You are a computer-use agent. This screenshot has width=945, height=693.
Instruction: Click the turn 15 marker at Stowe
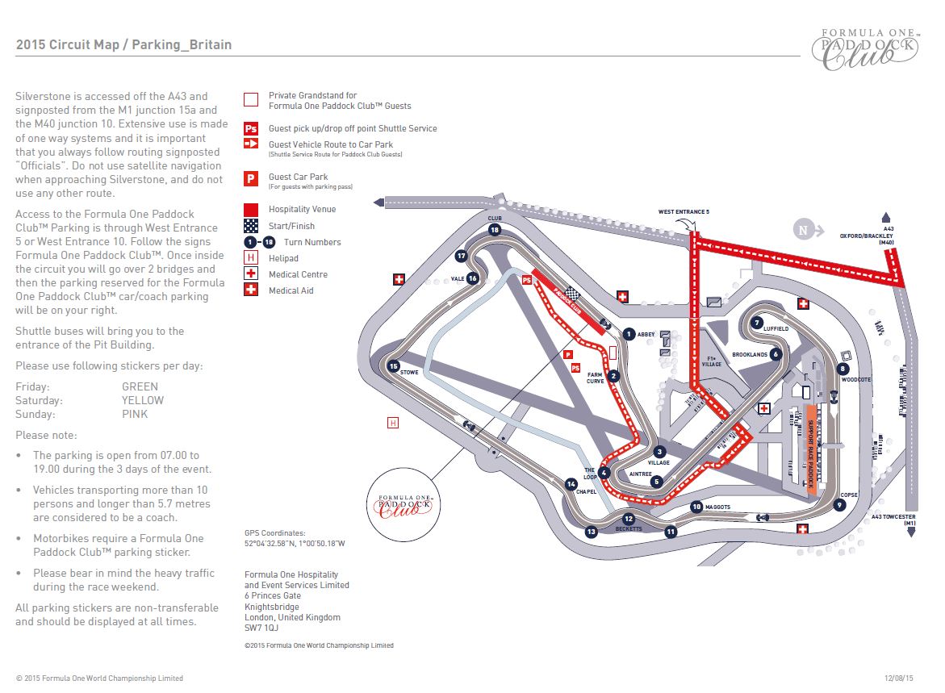pyautogui.click(x=394, y=366)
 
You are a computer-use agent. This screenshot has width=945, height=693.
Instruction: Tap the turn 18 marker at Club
pyautogui.click(x=495, y=230)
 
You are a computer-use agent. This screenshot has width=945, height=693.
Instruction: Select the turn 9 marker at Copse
pyautogui.click(x=840, y=506)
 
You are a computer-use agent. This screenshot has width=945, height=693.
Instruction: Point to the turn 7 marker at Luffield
pyautogui.click(x=757, y=323)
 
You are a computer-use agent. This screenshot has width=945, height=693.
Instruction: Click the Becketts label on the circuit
pyautogui.click(x=629, y=529)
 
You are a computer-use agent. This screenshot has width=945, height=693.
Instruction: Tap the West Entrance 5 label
pyautogui.click(x=684, y=212)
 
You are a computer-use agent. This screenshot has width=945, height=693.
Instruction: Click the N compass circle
pyautogui.click(x=803, y=231)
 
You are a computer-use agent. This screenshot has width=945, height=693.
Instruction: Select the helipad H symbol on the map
pyautogui.click(x=393, y=422)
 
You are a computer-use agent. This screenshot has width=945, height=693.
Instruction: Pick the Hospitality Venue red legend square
pyautogui.click(x=251, y=210)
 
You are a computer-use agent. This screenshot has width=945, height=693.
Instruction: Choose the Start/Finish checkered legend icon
pyautogui.click(x=251, y=226)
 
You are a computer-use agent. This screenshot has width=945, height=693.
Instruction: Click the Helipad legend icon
pyautogui.click(x=251, y=258)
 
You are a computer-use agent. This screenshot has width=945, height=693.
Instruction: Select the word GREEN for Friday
pyautogui.click(x=140, y=386)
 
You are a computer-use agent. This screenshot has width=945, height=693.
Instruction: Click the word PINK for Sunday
pyautogui.click(x=135, y=414)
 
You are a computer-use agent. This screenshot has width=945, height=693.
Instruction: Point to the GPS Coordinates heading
pyautogui.click(x=275, y=533)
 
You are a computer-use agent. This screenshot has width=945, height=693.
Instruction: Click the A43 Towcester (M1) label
pyautogui.click(x=893, y=520)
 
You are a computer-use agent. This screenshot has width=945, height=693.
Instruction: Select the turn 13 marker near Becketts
pyautogui.click(x=592, y=532)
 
